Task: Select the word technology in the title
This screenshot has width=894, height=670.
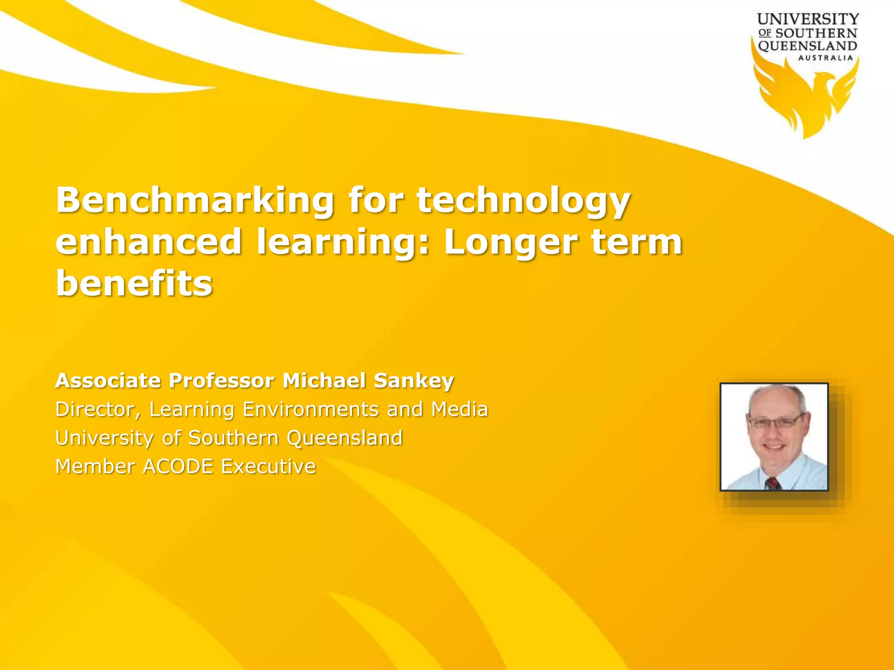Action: (523, 201)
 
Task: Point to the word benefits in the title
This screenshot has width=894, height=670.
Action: (134, 283)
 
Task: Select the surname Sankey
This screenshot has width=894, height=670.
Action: (414, 381)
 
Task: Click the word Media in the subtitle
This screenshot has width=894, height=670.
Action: (459, 409)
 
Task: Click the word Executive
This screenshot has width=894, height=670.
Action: (268, 466)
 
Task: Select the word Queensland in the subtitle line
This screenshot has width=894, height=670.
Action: (344, 438)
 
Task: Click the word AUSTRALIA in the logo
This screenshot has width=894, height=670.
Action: (825, 58)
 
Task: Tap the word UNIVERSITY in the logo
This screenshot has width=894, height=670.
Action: (808, 19)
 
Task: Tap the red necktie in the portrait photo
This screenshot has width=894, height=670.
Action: (773, 483)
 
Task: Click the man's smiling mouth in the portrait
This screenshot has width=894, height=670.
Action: (774, 447)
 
